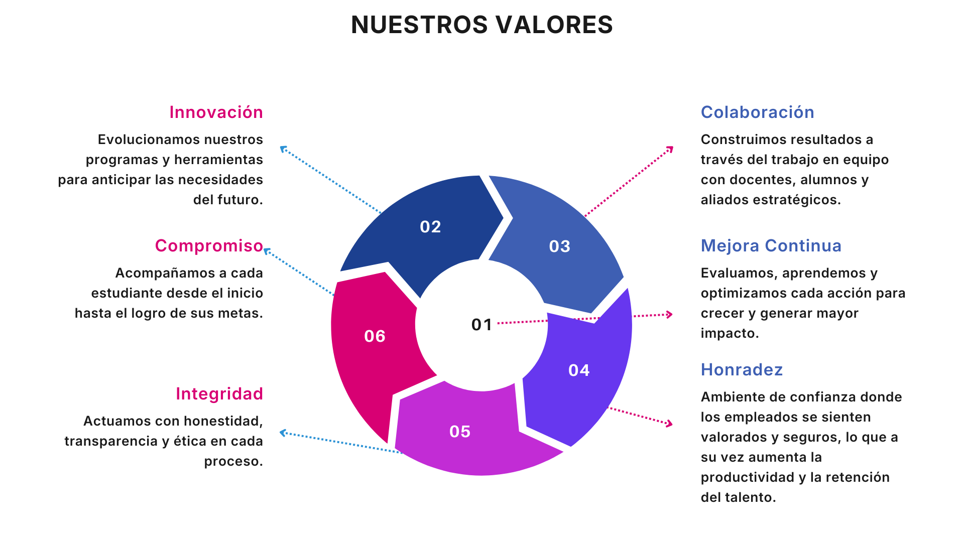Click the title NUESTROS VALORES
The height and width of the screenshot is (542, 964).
click(481, 25)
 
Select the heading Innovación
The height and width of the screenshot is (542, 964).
click(216, 112)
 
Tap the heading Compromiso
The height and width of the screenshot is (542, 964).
click(209, 246)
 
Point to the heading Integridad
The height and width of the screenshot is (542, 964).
click(219, 394)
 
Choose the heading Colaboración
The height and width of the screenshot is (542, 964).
click(757, 112)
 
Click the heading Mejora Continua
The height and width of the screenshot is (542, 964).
click(771, 246)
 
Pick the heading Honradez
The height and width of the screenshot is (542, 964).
click(742, 370)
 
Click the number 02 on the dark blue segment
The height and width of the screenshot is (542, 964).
click(430, 227)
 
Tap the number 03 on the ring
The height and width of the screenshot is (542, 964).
click(559, 246)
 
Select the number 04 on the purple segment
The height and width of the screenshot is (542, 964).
click(579, 370)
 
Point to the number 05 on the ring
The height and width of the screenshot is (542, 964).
click(460, 432)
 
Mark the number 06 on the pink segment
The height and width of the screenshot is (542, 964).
click(375, 336)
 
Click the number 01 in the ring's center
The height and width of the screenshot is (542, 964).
click(481, 325)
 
